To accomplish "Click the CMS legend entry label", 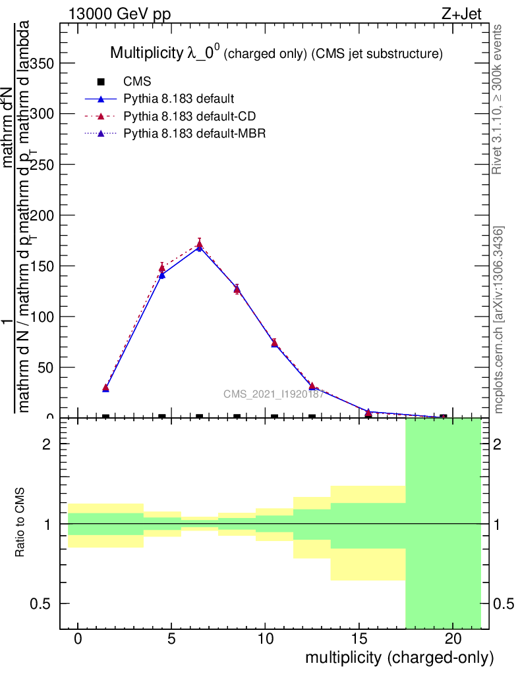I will coord(137,82).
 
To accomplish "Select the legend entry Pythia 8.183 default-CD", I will coord(190,117).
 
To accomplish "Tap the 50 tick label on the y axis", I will coord(47,367).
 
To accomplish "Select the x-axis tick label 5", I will coord(171,639).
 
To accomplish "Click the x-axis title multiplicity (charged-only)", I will coord(399,658).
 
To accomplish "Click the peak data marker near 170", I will coord(199,246).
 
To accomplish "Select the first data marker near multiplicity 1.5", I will coord(105,388).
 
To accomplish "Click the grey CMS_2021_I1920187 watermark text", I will coord(273,394).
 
